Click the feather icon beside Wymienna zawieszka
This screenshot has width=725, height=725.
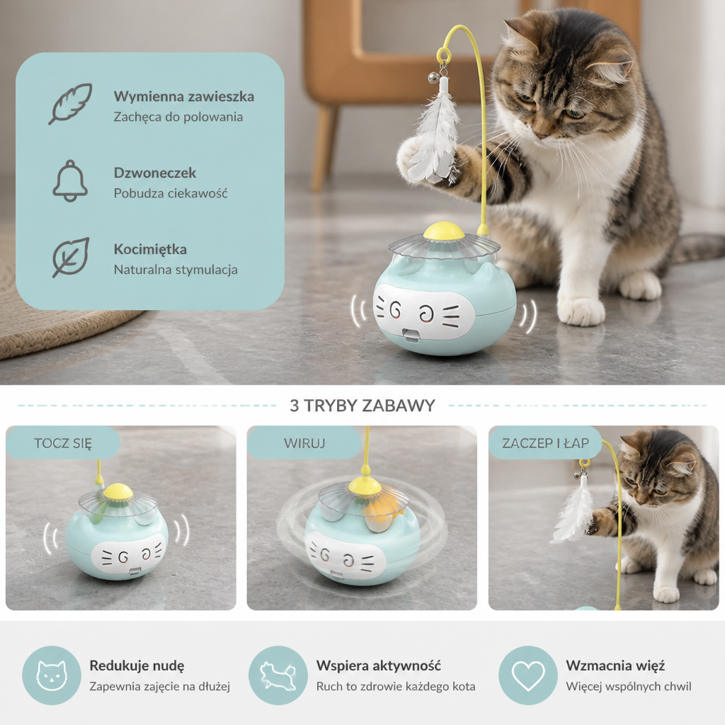[70, 103]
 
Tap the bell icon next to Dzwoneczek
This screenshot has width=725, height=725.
[70, 181]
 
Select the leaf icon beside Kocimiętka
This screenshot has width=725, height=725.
[70, 258]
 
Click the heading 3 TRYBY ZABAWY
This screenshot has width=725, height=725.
[362, 406]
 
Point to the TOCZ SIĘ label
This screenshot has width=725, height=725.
[63, 443]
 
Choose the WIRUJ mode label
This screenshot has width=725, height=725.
[304, 443]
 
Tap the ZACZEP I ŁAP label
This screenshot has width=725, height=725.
[546, 443]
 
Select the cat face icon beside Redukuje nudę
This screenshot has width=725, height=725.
[52, 675]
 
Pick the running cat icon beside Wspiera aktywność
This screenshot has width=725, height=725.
[278, 675]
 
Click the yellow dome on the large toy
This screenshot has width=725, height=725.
[444, 231]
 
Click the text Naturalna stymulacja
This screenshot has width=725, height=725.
[176, 270]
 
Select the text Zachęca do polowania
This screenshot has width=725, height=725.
[178, 117]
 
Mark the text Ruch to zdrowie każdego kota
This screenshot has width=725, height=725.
[395, 686]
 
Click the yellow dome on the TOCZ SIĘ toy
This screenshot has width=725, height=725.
[118, 491]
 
